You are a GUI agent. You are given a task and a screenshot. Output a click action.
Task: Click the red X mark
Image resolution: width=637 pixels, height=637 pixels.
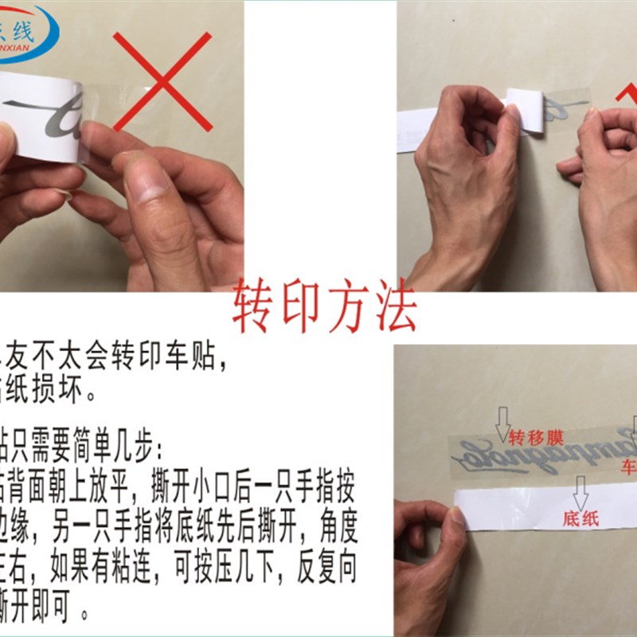pos(162,81)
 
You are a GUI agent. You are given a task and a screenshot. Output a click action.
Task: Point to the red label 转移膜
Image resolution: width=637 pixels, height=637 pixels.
pos(536,437)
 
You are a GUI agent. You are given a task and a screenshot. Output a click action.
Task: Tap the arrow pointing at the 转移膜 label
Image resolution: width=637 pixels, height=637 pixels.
pos(502,423)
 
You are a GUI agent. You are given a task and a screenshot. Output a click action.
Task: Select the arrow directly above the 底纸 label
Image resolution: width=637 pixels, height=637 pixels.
pos(580,493)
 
